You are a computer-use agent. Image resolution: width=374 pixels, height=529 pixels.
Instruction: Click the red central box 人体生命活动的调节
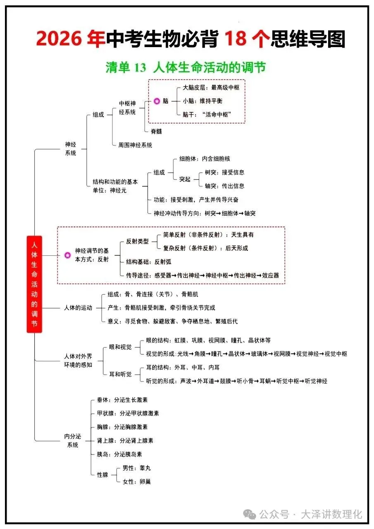pyautogui.click(x=34, y=284)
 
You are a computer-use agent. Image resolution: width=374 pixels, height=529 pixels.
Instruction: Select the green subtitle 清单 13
pyautogui.click(x=126, y=67)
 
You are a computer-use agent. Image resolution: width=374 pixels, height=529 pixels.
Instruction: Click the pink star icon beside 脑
pyautogui.click(x=157, y=101)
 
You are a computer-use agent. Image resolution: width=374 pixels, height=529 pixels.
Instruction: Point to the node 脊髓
pyautogui.click(x=156, y=131)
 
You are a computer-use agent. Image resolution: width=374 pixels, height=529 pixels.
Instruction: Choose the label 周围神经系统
pyautogui.click(x=135, y=145)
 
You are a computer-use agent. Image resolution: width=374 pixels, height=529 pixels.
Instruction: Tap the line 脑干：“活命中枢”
pyautogui.click(x=206, y=114)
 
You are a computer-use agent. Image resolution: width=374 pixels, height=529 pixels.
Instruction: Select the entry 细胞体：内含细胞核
pyautogui.click(x=204, y=159)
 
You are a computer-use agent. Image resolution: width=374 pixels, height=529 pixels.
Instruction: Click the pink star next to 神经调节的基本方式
pyautogui.click(x=68, y=255)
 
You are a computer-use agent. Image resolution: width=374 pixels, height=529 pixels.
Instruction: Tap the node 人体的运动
pyautogui.click(x=78, y=308)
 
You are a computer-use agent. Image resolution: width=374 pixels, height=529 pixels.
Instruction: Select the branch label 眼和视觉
pyautogui.click(x=120, y=347)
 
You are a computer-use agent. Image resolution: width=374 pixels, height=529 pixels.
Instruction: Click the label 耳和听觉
pyautogui.click(x=120, y=374)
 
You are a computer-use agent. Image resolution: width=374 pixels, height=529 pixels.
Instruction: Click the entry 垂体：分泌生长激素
pyautogui.click(x=122, y=400)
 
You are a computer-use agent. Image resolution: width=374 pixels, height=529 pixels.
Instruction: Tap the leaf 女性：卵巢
pyautogui.click(x=136, y=481)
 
